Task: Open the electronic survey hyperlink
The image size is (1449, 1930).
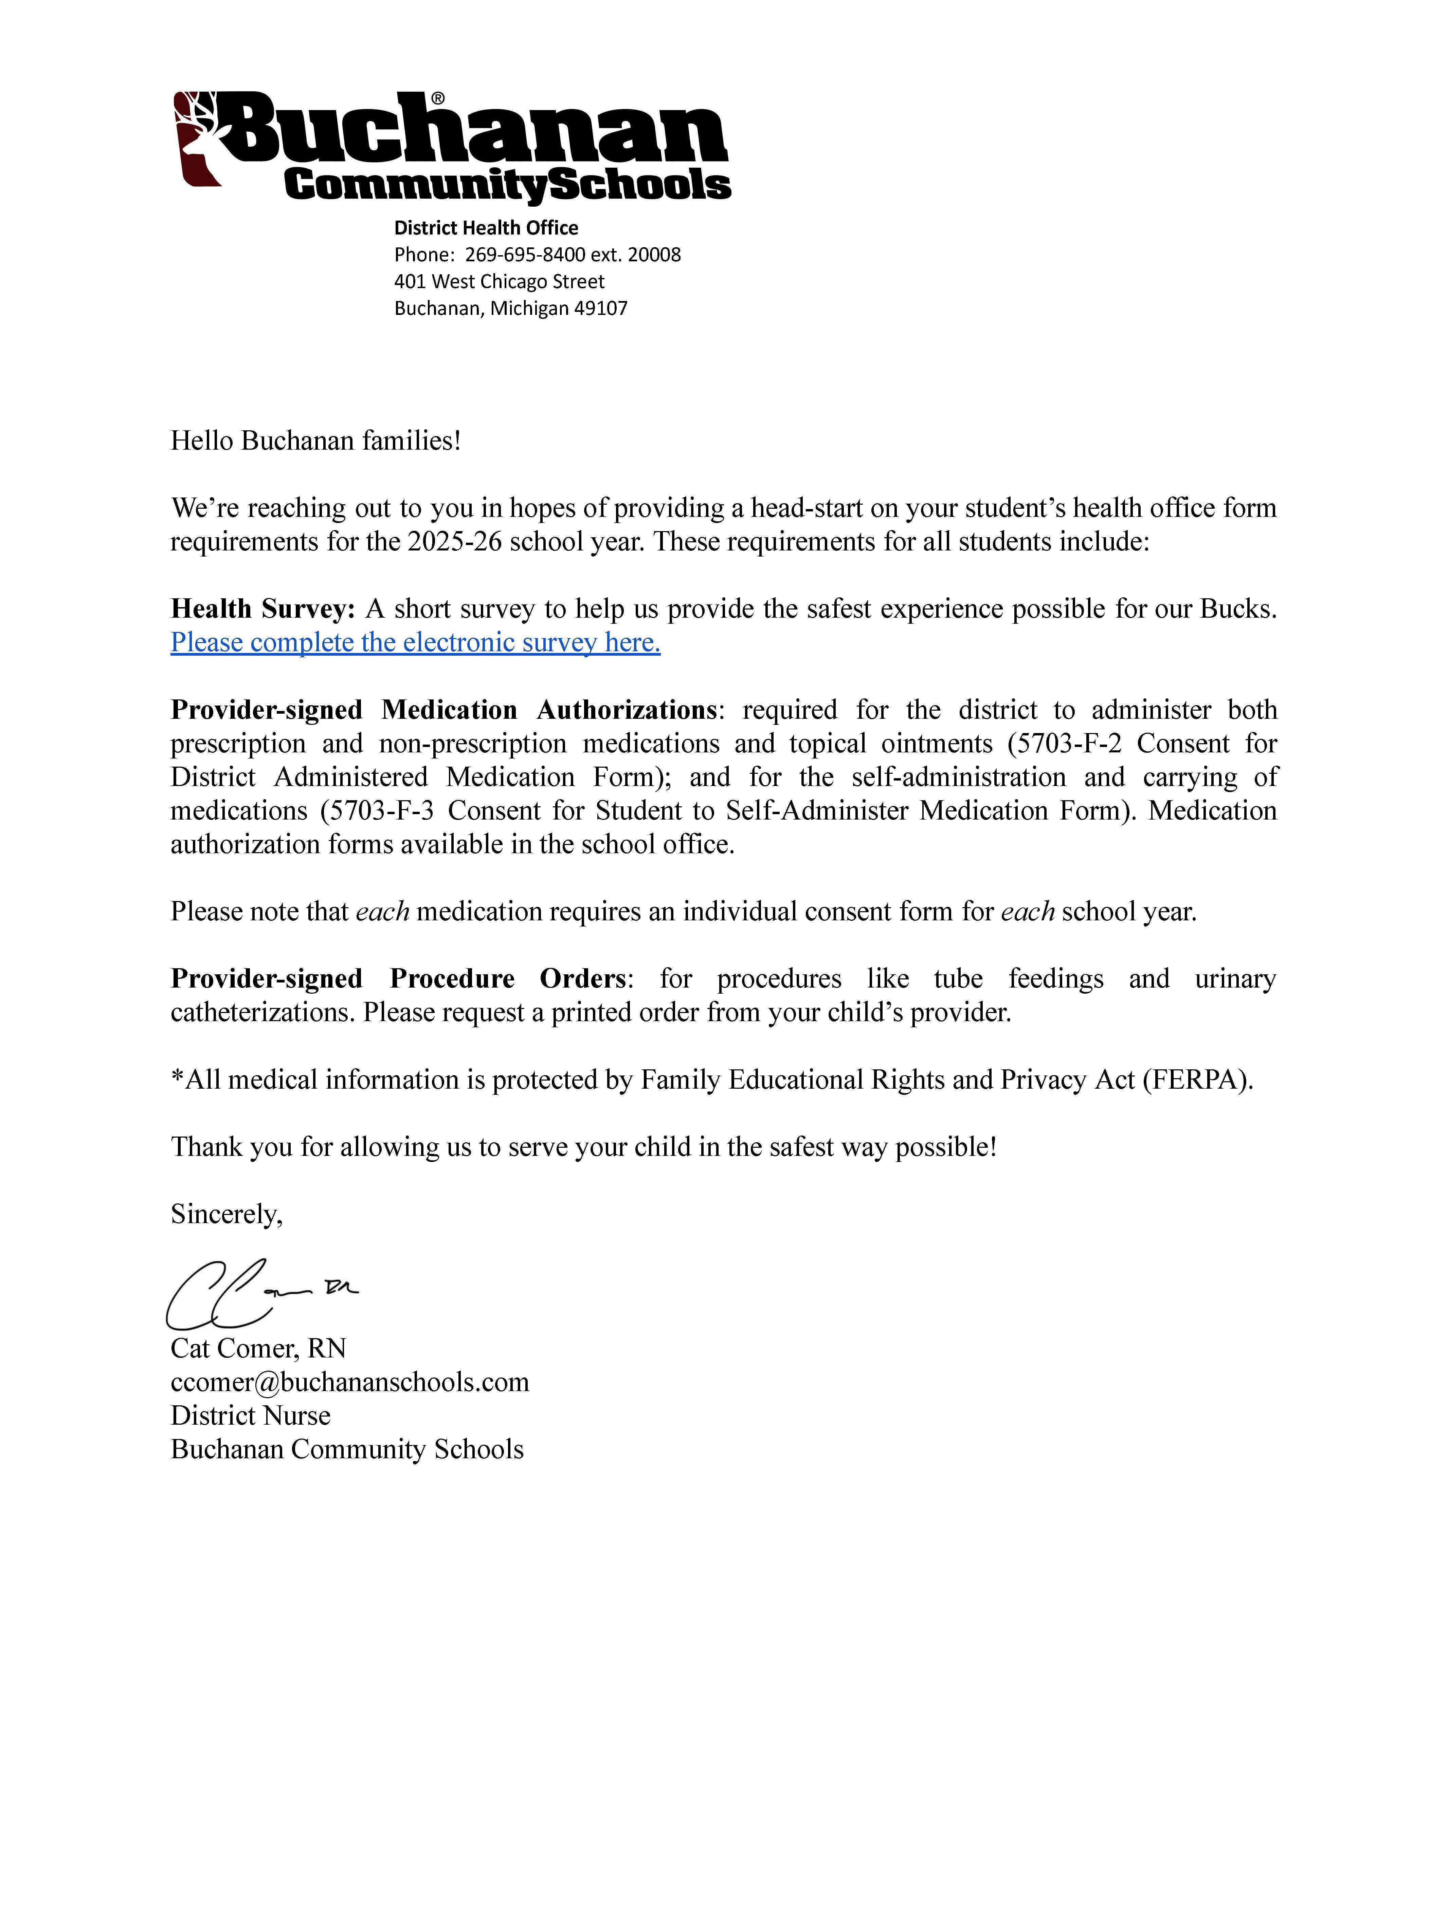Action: [x=416, y=642]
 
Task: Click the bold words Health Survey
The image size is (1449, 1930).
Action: [x=262, y=608]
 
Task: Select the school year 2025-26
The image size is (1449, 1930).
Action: [x=454, y=541]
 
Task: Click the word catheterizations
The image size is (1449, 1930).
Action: [x=262, y=1012]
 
